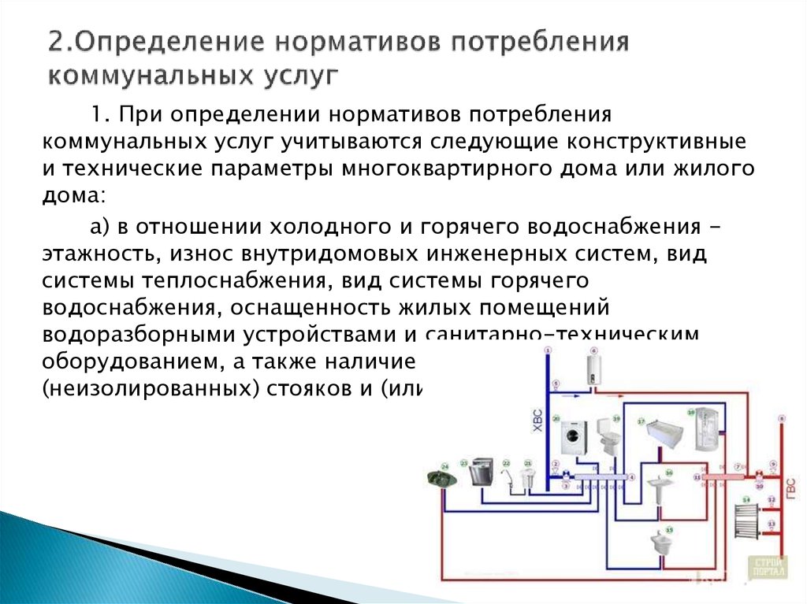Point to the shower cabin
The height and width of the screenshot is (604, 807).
706,433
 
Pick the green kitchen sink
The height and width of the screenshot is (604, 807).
442,477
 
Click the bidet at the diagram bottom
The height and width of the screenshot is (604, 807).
659,543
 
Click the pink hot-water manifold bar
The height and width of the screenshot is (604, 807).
719,476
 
